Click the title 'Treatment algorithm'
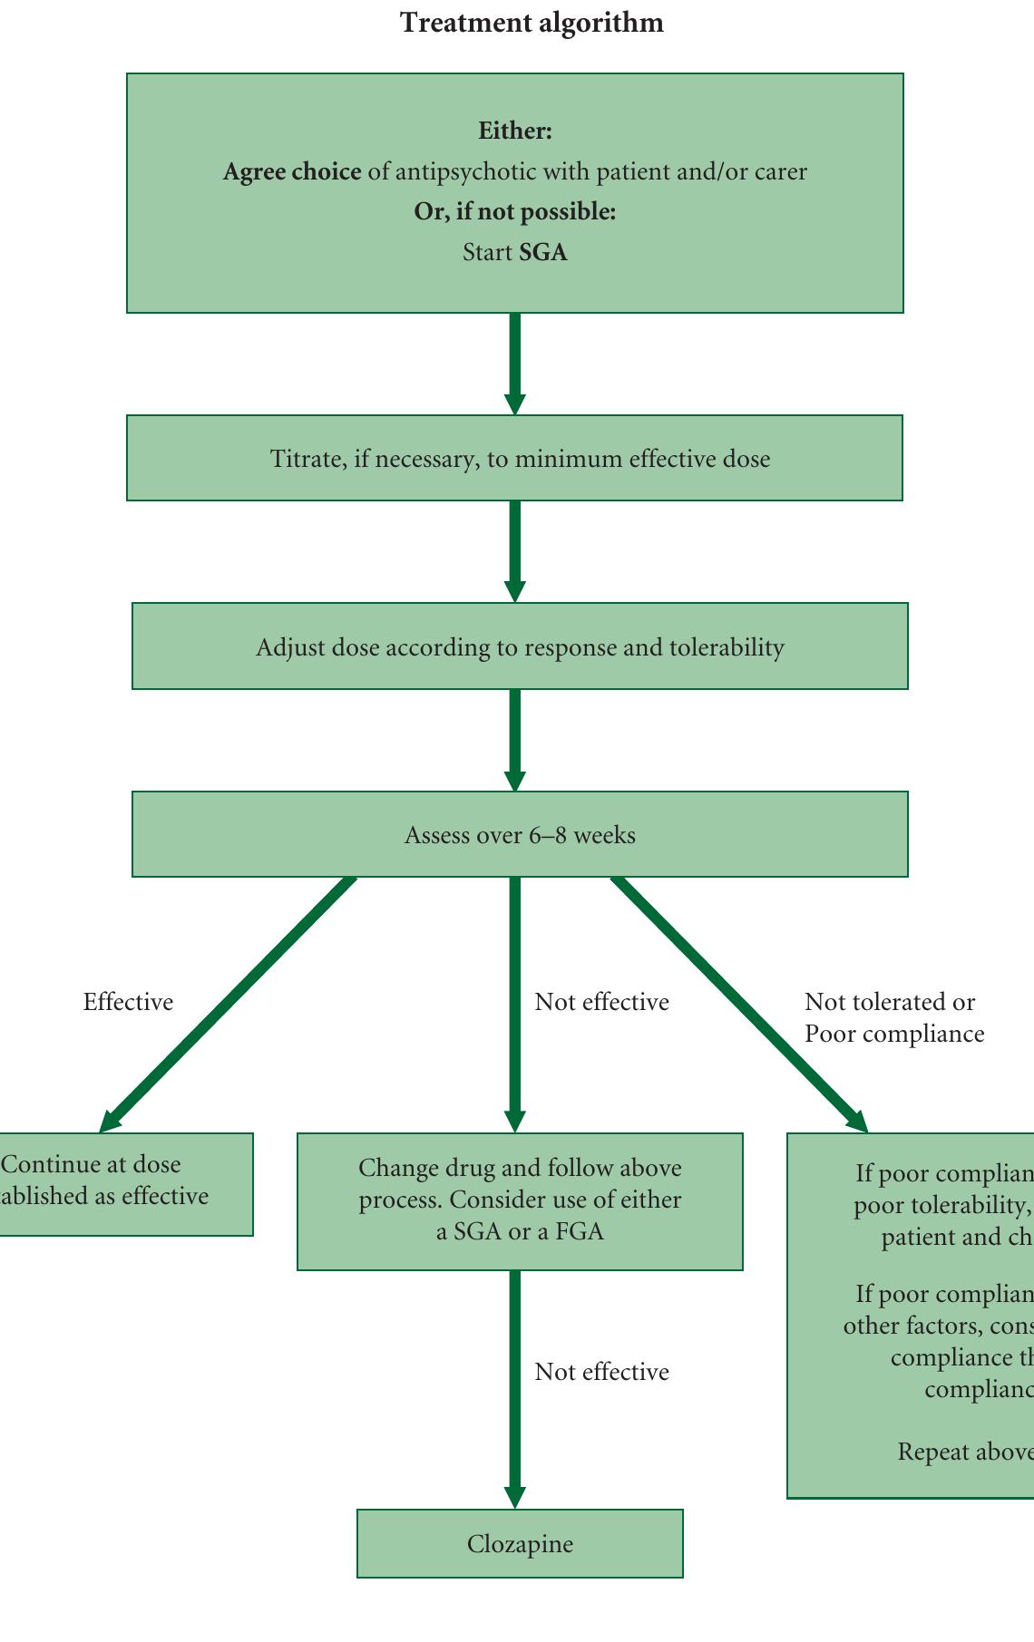point(532,23)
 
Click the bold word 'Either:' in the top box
point(515,131)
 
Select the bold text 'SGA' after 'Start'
point(543,252)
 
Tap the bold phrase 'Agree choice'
point(292,171)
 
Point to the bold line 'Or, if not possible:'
point(515,212)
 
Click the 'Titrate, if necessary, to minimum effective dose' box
point(514,458)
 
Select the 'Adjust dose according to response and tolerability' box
point(520,646)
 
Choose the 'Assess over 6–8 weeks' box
point(520,834)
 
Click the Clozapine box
point(520,1544)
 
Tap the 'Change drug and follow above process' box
point(520,1200)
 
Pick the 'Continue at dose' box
point(118,1183)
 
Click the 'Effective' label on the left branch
point(128,1002)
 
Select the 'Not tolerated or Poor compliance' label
point(893,1017)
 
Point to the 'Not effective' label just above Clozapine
point(601,1372)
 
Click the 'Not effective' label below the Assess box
point(601,1002)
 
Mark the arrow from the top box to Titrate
point(515,363)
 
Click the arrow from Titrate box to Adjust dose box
point(515,550)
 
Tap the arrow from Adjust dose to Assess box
point(515,739)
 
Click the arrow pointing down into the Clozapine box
point(515,1387)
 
